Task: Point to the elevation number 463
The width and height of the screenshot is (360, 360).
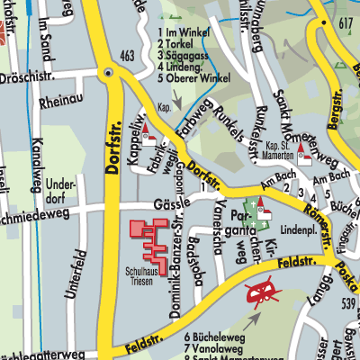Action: click(126, 57)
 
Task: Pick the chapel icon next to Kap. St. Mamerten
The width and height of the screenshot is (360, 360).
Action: click(304, 158)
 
